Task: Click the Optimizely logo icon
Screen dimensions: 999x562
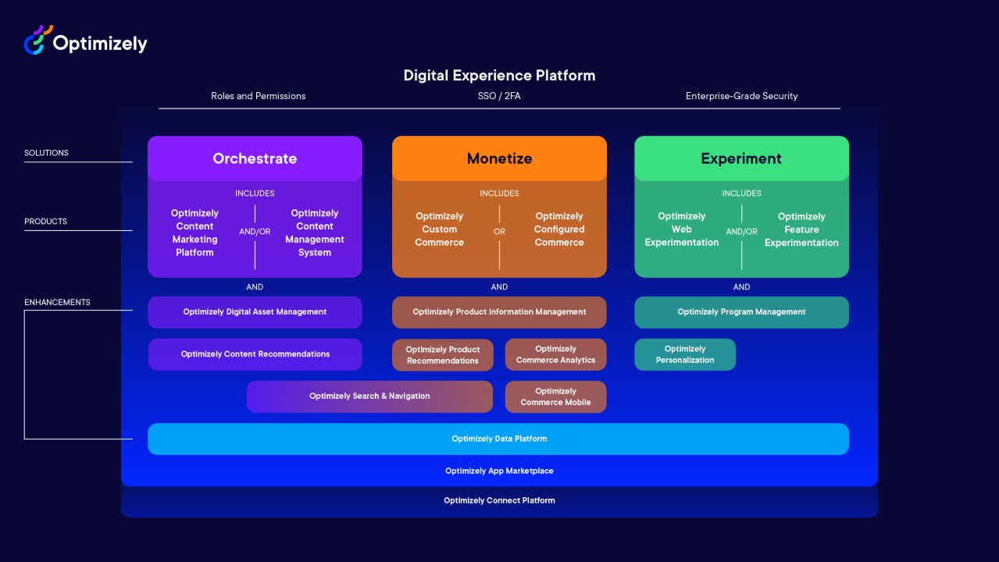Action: [38, 40]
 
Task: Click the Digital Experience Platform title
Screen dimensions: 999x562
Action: [499, 75]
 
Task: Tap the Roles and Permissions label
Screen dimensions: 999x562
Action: [259, 96]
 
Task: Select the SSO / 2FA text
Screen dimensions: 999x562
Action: [499, 96]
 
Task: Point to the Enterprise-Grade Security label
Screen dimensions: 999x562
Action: [741, 96]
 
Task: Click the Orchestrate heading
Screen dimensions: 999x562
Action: [255, 158]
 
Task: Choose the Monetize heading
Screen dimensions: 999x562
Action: [499, 158]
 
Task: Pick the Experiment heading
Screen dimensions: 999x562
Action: [741, 158]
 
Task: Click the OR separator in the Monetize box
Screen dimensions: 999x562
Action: [499, 232]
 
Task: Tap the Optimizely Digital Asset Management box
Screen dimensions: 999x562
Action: [255, 312]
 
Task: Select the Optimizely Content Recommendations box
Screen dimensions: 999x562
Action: [255, 354]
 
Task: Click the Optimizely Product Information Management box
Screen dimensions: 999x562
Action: [499, 312]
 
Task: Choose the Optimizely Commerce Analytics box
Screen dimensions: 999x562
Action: [555, 354]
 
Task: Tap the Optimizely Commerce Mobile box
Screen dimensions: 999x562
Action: [555, 397]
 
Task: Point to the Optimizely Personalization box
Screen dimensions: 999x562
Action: [685, 354]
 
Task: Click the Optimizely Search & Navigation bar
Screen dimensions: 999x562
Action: [369, 397]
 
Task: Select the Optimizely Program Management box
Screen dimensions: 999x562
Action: [742, 312]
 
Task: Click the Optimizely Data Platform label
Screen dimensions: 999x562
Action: [499, 439]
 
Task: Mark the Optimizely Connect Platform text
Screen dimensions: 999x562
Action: [499, 500]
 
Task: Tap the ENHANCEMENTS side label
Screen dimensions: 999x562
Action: [57, 302]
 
